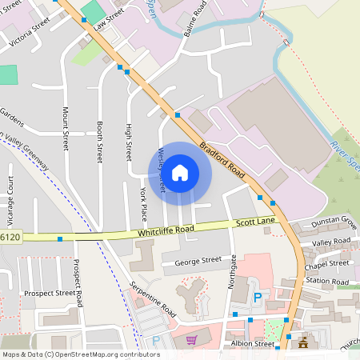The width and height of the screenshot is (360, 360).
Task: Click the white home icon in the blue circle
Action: click(180, 172)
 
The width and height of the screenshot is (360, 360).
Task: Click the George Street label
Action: click(191, 260)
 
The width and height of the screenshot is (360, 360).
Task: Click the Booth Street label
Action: click(99, 142)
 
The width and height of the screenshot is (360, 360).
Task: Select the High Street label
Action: click(128, 142)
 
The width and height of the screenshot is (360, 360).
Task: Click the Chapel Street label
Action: click(328, 263)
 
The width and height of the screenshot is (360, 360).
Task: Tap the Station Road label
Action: click(328, 282)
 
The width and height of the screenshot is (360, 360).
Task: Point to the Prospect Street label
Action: click(49, 293)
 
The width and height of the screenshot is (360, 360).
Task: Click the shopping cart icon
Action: click(190, 339)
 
